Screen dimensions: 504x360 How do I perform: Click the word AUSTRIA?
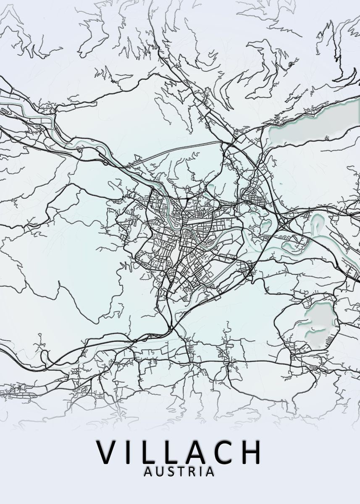click(x=179, y=472)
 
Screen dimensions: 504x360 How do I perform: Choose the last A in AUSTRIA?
click(x=210, y=472)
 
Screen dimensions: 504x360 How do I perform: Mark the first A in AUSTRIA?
click(x=149, y=472)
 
